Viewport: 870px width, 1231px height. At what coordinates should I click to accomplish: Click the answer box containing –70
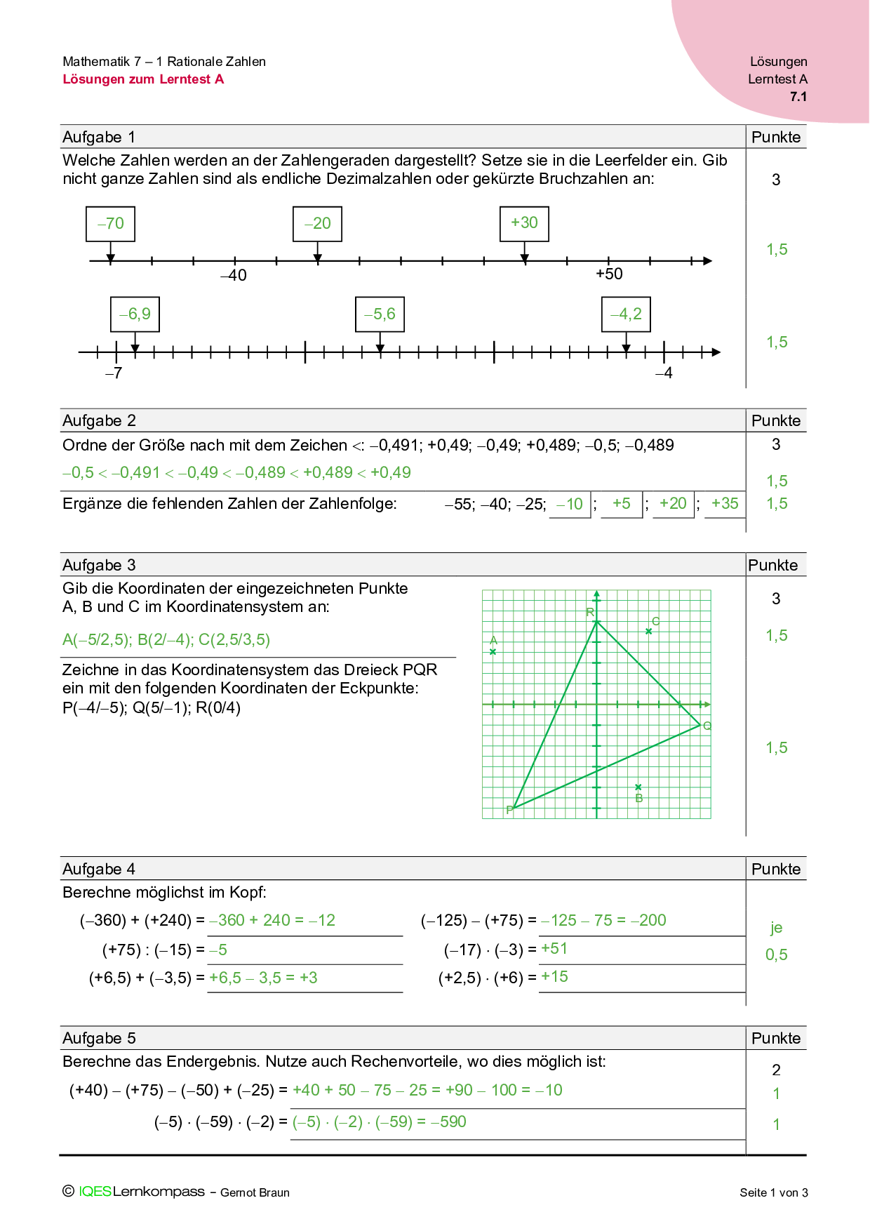pos(110,224)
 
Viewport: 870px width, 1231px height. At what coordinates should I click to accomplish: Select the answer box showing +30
pos(524,223)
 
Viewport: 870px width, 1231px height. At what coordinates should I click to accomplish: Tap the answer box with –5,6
pos(380,314)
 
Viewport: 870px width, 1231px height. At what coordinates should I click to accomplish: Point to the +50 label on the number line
pos(609,274)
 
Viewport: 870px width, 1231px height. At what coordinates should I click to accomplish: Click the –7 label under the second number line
pos(114,373)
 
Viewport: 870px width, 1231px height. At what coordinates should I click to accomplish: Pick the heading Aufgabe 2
pos(99,420)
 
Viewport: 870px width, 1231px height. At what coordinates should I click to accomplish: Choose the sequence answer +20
pos(673,504)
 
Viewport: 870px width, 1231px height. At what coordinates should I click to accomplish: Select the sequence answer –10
pos(569,505)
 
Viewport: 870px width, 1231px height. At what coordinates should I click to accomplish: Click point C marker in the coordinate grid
pos(649,631)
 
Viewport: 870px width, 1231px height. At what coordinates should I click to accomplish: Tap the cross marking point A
pos(493,652)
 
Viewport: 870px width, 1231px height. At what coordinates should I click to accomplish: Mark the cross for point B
pos(638,787)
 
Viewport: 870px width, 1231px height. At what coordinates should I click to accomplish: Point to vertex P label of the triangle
pos(509,810)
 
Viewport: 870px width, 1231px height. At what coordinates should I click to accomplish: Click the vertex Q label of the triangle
pos(707,726)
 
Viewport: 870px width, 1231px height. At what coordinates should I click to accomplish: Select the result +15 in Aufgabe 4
pos(554,977)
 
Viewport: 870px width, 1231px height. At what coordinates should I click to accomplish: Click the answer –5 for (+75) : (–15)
pos(217,950)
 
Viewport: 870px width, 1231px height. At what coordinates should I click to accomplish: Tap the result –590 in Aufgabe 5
pos(449,1122)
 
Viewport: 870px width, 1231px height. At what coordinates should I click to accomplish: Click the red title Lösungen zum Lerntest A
pos(143,79)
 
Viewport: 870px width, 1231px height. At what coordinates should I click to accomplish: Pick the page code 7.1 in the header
pos(798,97)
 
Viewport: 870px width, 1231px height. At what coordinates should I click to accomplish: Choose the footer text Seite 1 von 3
pos(773,1192)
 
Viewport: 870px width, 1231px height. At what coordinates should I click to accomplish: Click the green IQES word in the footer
pos(95,1192)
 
